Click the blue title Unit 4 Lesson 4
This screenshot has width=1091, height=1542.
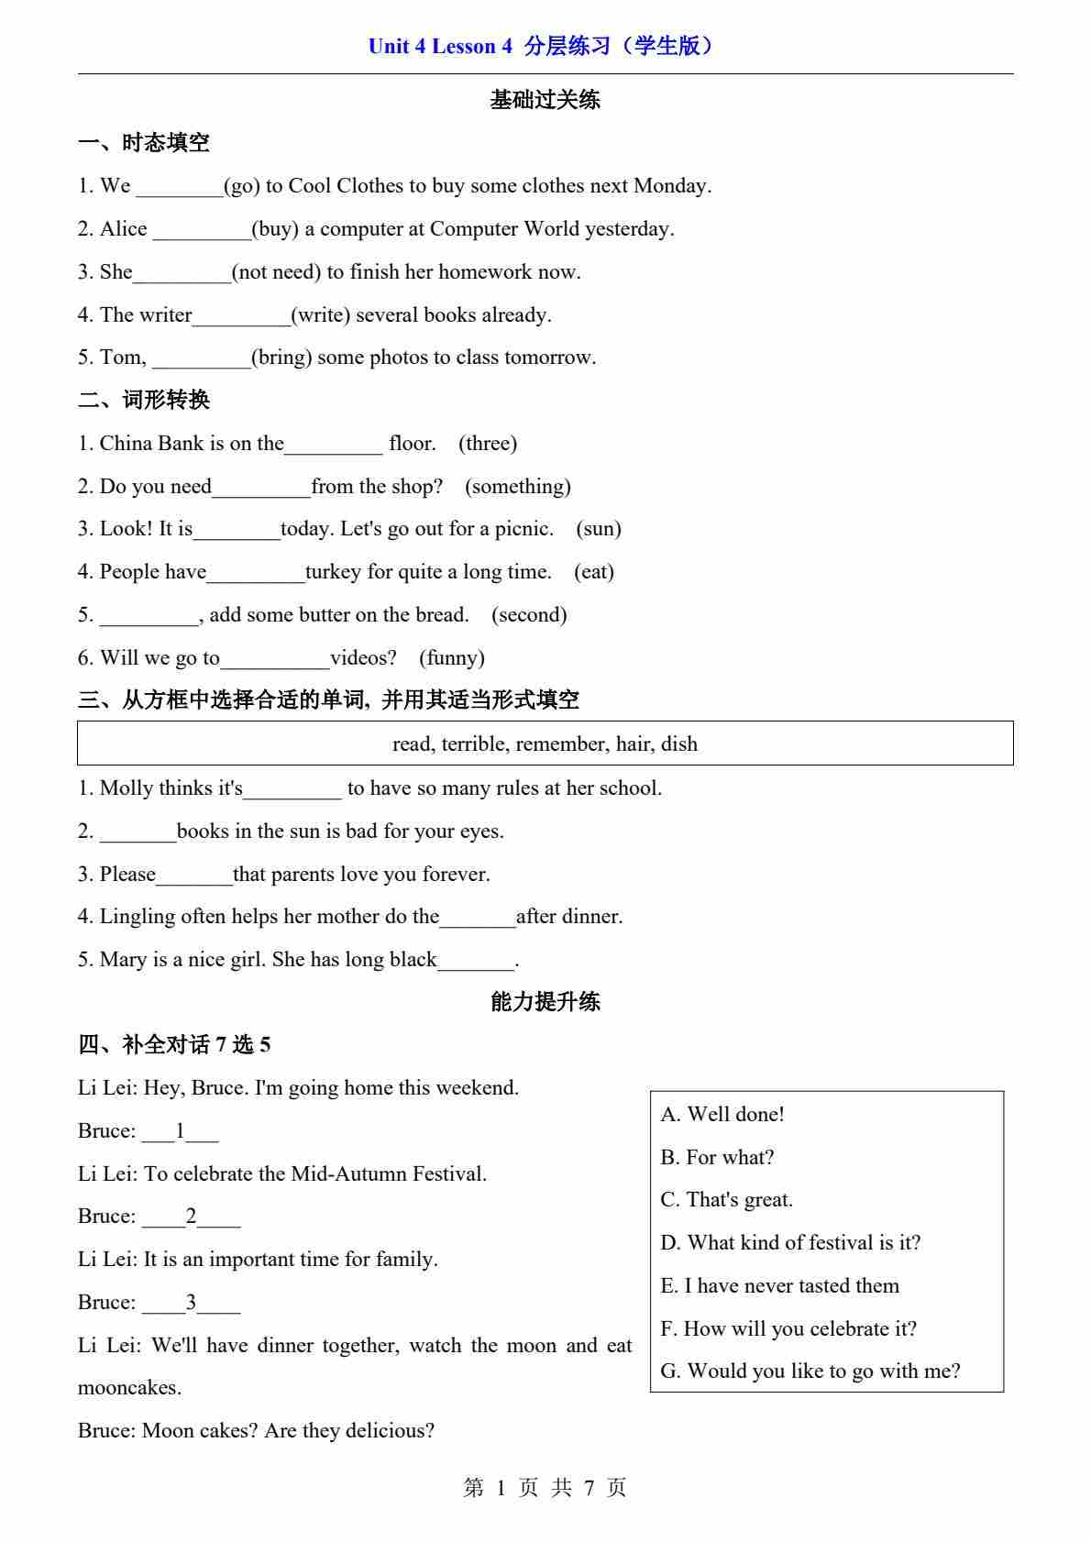[x=440, y=46]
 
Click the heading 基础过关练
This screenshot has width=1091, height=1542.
[x=545, y=100]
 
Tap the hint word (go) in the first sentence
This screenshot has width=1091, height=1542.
[x=241, y=186]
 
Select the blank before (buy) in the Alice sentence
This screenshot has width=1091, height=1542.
[x=202, y=231]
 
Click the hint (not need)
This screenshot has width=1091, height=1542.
[x=276, y=272]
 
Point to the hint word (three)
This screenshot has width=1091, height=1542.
[x=488, y=444]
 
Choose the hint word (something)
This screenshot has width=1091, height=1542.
[x=517, y=487]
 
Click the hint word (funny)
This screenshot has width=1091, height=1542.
[x=452, y=658]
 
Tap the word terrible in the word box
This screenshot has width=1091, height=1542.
[x=475, y=743]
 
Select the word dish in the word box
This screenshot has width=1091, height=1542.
[x=679, y=743]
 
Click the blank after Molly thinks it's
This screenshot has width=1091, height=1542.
[x=292, y=790]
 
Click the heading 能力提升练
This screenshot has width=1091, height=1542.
[x=545, y=1001]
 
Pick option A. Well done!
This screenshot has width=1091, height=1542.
[x=722, y=1115]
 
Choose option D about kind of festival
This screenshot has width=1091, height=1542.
[x=790, y=1243]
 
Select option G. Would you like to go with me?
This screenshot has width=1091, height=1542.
[x=810, y=1371]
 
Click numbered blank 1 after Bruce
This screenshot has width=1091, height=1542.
[x=180, y=1132]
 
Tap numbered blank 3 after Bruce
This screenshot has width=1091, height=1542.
[x=191, y=1304]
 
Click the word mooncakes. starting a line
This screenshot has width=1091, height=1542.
[x=129, y=1388]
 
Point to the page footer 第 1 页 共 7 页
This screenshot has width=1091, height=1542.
[x=545, y=1488]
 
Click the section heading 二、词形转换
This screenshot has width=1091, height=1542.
[x=144, y=401]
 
